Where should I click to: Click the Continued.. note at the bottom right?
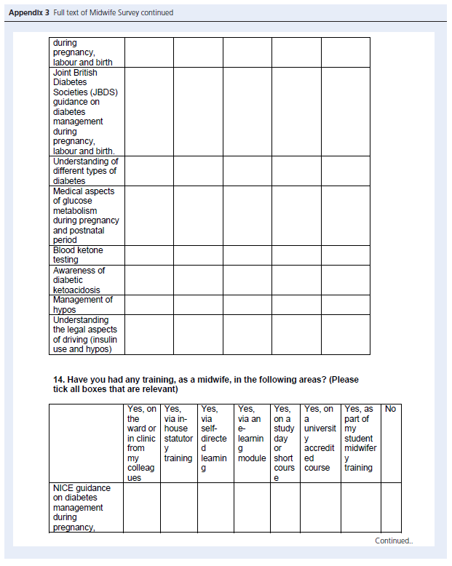click(x=393, y=541)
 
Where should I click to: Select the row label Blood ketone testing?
click(x=78, y=255)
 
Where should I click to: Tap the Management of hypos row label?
click(x=82, y=304)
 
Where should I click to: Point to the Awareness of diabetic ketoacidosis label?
click(x=79, y=279)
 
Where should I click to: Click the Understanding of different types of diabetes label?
click(x=85, y=171)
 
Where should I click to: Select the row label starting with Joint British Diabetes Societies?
click(x=84, y=111)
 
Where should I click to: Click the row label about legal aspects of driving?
click(x=84, y=334)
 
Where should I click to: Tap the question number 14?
click(x=56, y=380)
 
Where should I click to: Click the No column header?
click(x=390, y=410)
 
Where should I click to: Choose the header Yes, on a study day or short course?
click(x=284, y=443)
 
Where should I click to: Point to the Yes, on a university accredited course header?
click(x=319, y=439)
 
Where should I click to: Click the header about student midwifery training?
click(x=359, y=439)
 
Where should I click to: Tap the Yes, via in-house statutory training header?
click(x=178, y=434)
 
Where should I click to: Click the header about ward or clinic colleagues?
click(x=142, y=443)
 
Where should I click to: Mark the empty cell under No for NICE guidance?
click(x=391, y=507)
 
